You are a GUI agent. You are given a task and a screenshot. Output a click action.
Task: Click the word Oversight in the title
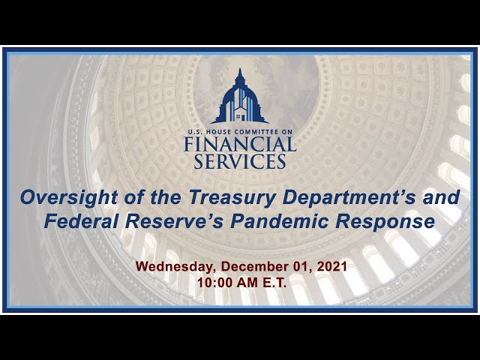(x=69, y=197)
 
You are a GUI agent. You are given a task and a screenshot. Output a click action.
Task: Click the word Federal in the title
(x=81, y=221)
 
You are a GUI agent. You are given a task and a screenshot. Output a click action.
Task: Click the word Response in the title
(x=385, y=221)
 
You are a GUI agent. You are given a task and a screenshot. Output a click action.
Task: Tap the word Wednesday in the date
(x=174, y=267)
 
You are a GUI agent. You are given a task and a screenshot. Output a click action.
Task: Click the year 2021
(x=331, y=266)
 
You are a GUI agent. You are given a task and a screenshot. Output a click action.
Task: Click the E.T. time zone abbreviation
(x=274, y=283)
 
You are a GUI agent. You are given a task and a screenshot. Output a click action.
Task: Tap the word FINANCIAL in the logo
(x=240, y=144)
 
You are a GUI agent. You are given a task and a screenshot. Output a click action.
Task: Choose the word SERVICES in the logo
(x=240, y=161)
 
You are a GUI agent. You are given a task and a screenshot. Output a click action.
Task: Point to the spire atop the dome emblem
(x=240, y=73)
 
